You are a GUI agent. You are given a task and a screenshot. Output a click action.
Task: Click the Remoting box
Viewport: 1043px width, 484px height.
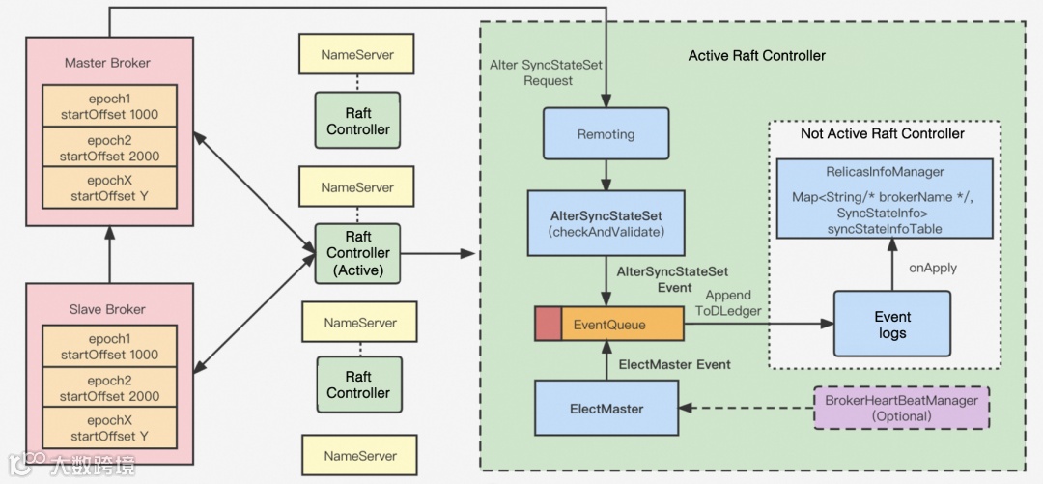click(x=606, y=134)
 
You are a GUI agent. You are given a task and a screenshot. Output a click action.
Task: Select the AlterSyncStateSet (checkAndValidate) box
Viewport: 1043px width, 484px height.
click(x=606, y=223)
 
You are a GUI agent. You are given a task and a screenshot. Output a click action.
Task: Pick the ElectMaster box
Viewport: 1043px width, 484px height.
click(x=606, y=409)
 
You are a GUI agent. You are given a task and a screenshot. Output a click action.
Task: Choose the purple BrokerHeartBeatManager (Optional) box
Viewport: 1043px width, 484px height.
click(x=900, y=408)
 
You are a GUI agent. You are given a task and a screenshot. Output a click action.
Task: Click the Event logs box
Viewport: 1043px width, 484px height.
click(x=891, y=325)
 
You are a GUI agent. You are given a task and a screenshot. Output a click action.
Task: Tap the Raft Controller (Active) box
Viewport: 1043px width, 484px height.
click(x=357, y=254)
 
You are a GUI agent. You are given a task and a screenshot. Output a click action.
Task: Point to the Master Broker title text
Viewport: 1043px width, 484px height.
click(x=107, y=63)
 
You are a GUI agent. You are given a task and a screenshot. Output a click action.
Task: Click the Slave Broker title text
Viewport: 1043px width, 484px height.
click(x=107, y=309)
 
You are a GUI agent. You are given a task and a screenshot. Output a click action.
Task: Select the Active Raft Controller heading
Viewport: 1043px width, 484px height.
click(x=756, y=56)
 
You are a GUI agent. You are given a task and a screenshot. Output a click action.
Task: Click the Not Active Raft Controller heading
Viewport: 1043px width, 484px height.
click(x=882, y=133)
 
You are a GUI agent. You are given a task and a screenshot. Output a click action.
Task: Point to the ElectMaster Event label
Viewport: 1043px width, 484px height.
click(x=674, y=364)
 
